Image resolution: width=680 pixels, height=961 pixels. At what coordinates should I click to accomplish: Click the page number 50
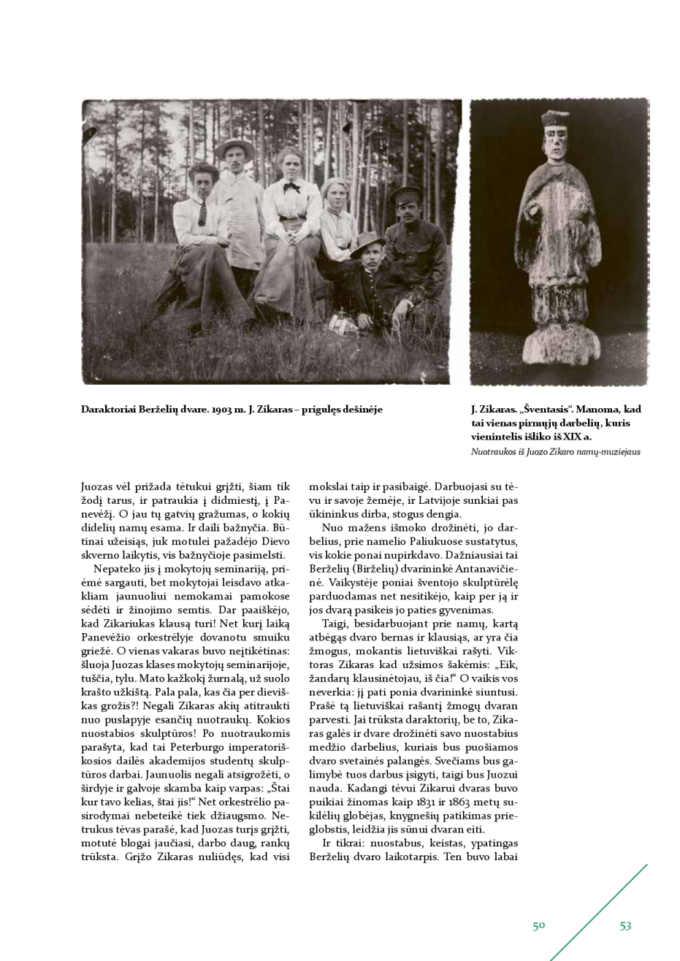(539, 925)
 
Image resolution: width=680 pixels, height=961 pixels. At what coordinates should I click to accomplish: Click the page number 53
(625, 925)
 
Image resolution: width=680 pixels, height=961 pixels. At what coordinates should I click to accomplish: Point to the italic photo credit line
(555, 452)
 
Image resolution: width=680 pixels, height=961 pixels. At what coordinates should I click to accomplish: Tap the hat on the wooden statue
(556, 118)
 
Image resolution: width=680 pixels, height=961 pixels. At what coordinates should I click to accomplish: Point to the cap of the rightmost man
(406, 194)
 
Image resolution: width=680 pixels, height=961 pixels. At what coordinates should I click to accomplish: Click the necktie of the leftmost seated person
(202, 213)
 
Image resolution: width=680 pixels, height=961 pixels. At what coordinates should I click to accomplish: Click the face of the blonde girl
(337, 195)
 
